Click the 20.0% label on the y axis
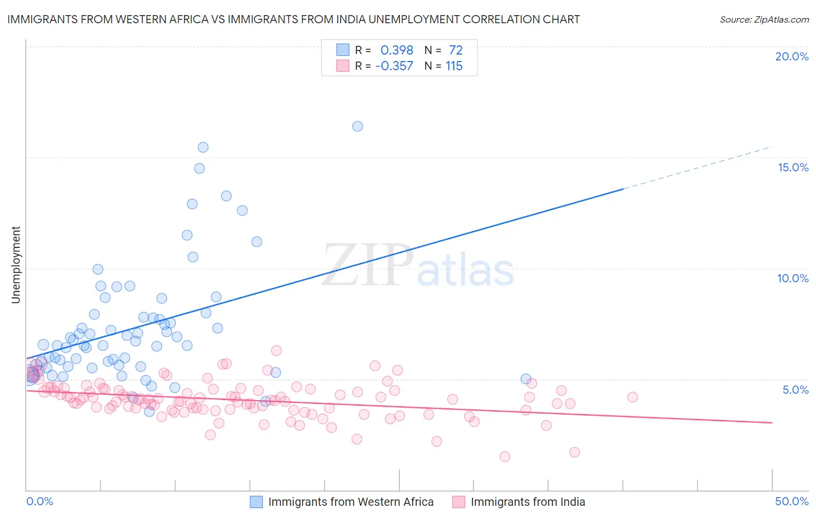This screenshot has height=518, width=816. [x=792, y=56]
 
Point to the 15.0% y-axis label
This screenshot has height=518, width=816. [x=793, y=167]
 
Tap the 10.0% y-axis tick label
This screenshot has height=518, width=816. [x=793, y=278]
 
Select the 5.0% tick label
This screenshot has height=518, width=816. [x=795, y=390]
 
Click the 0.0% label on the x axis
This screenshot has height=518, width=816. [x=39, y=501]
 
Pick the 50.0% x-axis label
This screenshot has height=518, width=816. [x=792, y=501]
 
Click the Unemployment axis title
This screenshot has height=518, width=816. [x=16, y=265]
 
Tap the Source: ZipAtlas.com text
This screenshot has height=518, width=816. [x=764, y=19]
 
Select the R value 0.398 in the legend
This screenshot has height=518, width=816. [x=396, y=51]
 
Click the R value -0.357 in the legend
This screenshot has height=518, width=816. [x=394, y=66]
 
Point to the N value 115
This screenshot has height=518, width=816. [x=454, y=66]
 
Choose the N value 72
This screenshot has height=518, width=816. [x=456, y=51]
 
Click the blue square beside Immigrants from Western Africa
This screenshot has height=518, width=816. [x=257, y=502]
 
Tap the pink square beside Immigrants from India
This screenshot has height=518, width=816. [x=459, y=502]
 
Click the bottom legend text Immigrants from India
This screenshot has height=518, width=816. [x=528, y=502]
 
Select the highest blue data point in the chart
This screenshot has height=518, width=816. [x=358, y=126]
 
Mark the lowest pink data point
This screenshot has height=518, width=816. [x=505, y=456]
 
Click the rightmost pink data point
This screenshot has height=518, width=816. [x=633, y=397]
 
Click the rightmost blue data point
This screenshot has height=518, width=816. [x=526, y=379]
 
